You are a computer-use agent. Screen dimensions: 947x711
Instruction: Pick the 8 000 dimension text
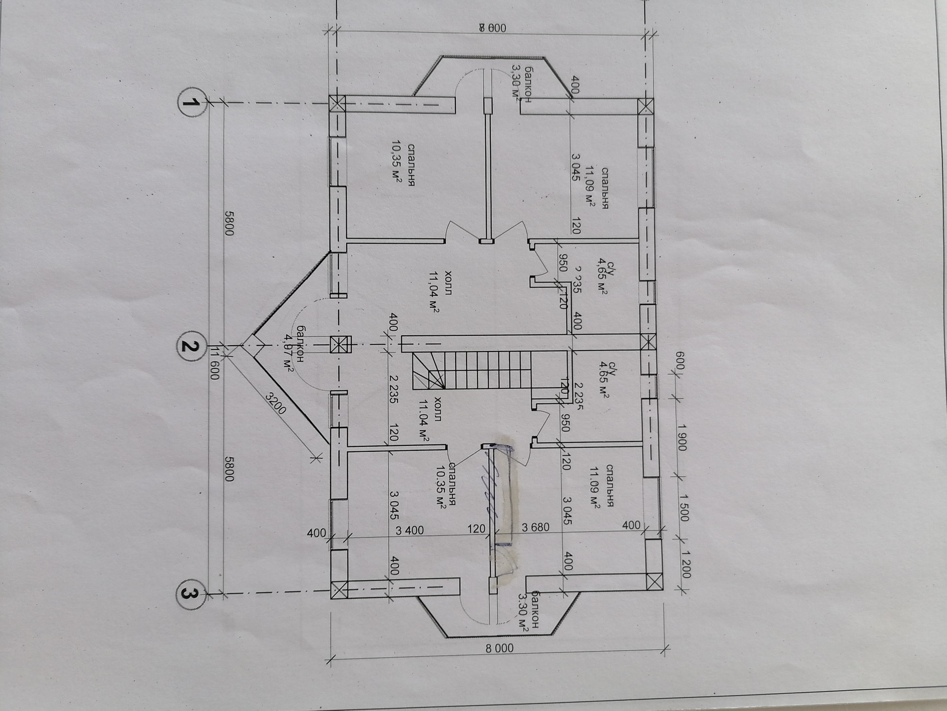coord(499,648)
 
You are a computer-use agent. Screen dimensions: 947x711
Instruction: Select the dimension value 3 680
coord(535,527)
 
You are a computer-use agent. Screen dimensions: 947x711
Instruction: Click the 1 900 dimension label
coord(682,436)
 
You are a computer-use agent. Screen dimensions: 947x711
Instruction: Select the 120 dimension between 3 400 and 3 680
coord(476,529)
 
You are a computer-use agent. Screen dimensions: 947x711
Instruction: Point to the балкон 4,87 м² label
coord(293,348)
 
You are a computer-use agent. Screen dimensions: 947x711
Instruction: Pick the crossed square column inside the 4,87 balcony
coord(340,344)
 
